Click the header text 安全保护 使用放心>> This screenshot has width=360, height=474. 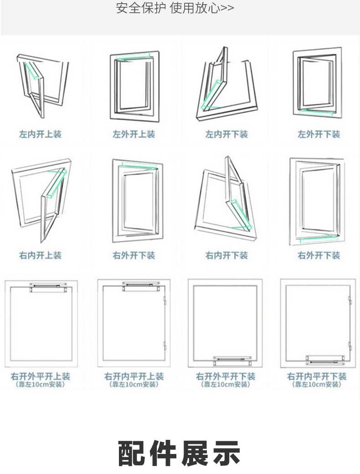pyautogui.click(x=175, y=9)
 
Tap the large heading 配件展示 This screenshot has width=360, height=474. pyautogui.click(x=179, y=453)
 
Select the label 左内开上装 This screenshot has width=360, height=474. pyautogui.click(x=40, y=134)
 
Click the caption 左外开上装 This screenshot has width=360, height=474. pyautogui.click(x=134, y=134)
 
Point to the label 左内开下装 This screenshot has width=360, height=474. pyautogui.click(x=226, y=134)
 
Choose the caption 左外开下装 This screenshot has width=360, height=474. pyautogui.click(x=319, y=134)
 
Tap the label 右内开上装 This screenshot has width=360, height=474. pyautogui.click(x=40, y=255)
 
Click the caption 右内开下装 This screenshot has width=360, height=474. pyautogui.click(x=226, y=255)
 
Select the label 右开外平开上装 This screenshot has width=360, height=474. pyautogui.click(x=41, y=377)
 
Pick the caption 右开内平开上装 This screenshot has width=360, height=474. pyautogui.click(x=134, y=377)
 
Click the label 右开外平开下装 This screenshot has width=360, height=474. pyautogui.click(x=226, y=377)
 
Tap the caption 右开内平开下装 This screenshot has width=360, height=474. pyautogui.click(x=317, y=377)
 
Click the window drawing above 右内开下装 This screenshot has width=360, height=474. pyautogui.click(x=226, y=200)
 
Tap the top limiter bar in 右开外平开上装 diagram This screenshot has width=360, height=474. pyautogui.click(x=49, y=288)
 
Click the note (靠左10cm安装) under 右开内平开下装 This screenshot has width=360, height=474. pyautogui.click(x=317, y=385)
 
